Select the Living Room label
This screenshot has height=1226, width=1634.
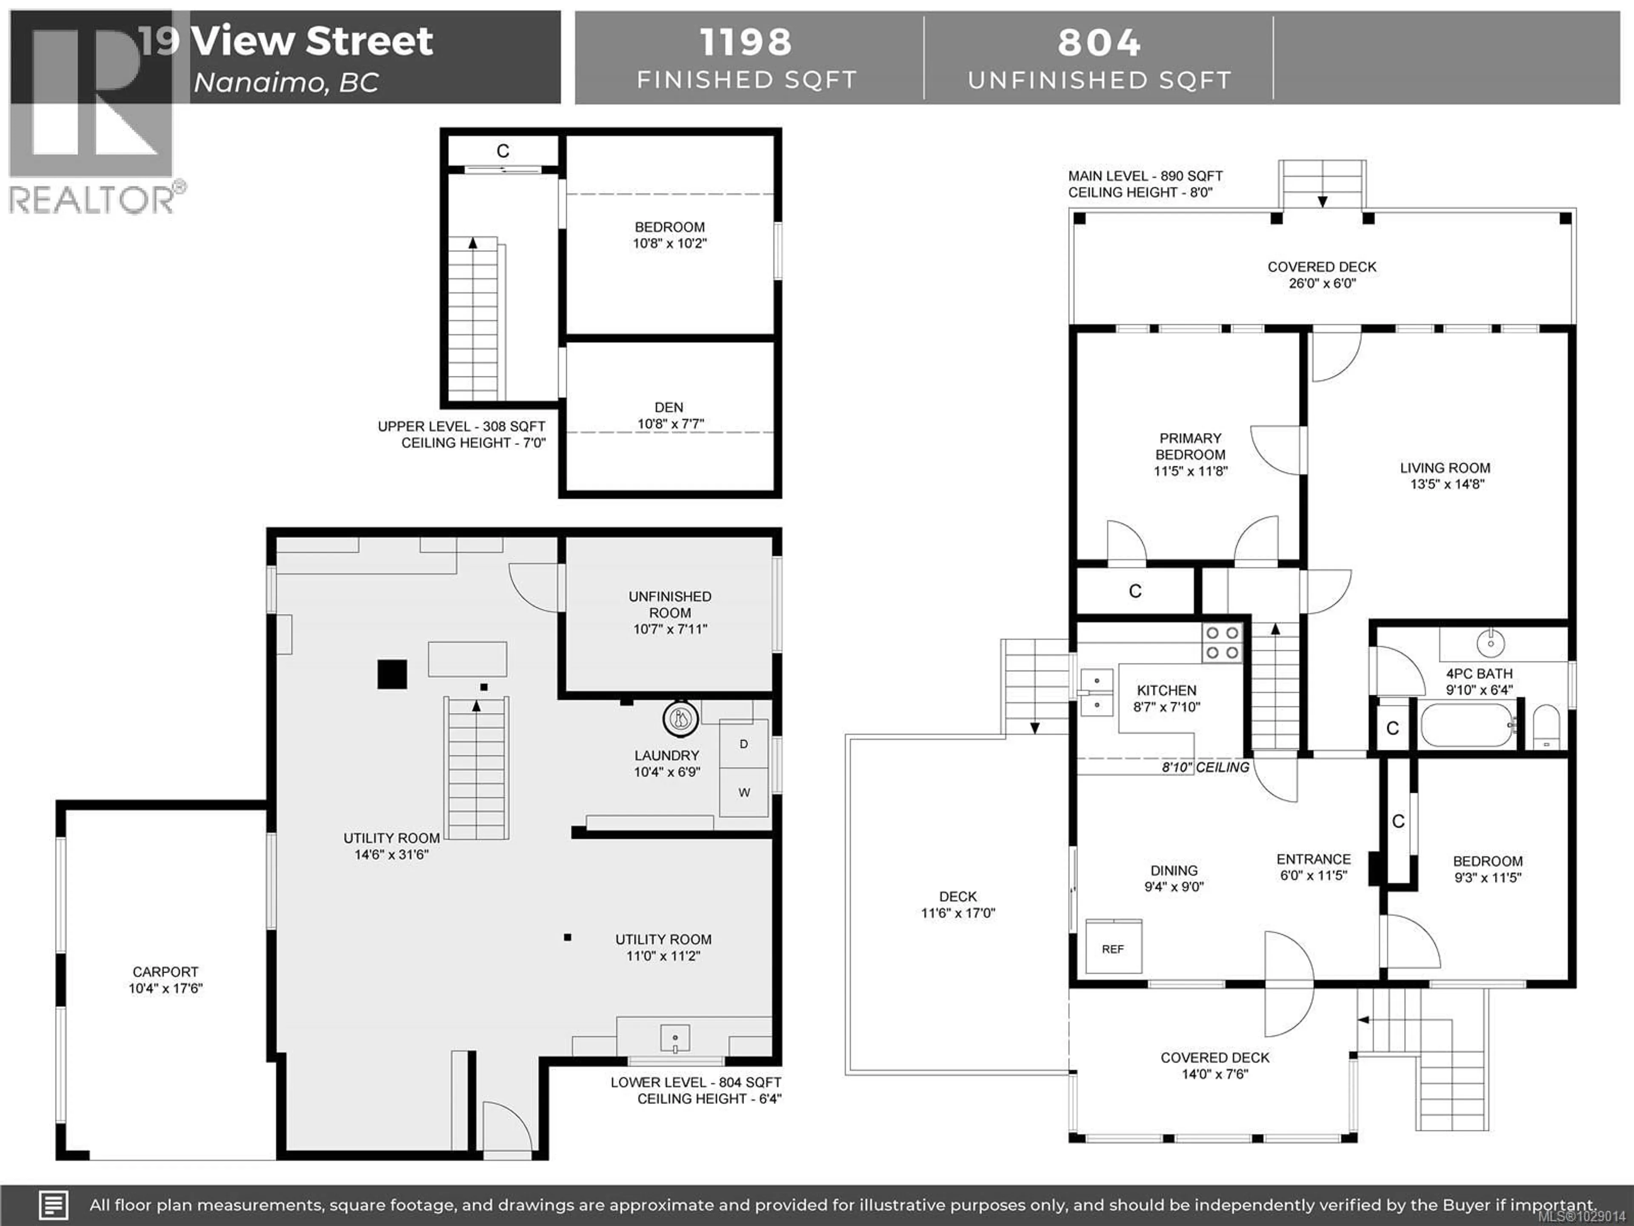(1445, 475)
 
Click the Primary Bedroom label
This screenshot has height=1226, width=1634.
(1190, 454)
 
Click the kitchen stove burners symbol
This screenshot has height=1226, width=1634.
(1222, 642)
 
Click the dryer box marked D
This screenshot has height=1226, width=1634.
(744, 743)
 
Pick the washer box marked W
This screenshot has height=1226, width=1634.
(744, 792)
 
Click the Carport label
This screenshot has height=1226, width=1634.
(166, 979)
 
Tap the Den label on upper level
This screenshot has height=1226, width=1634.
(669, 415)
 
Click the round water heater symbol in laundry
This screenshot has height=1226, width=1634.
(680, 718)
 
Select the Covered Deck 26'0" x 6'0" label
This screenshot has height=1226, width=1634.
(1322, 274)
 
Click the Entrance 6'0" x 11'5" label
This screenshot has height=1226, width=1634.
(1314, 867)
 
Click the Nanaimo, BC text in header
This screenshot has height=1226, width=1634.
(286, 82)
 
